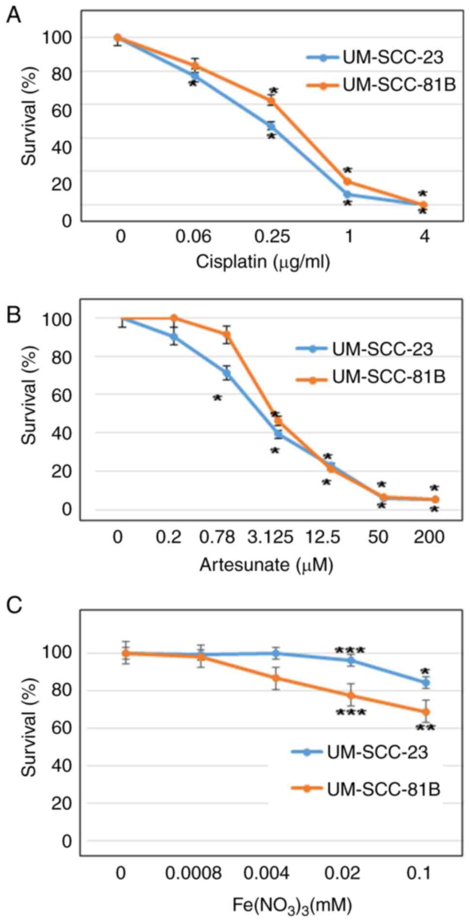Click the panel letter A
tap(14, 15)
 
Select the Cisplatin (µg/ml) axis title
tap(263, 262)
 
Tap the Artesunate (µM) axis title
tap(266, 565)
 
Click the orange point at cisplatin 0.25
tap(272, 101)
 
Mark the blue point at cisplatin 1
tap(347, 194)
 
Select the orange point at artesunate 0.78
tap(227, 334)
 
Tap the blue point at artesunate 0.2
tap(174, 337)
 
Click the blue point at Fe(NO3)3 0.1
tap(426, 683)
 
